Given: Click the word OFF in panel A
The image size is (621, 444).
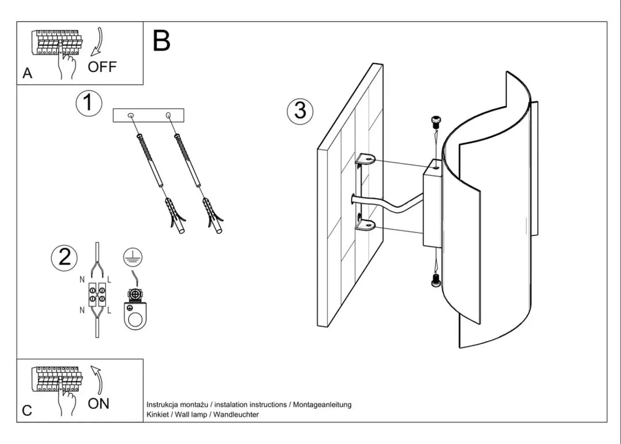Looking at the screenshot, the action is click(102, 67).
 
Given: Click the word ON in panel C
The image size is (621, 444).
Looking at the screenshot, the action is click(99, 404).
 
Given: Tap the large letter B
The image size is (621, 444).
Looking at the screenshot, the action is click(161, 40).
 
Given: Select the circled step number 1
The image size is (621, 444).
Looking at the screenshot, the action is click(89, 103).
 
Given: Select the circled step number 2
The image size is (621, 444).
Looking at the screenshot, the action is click(64, 258).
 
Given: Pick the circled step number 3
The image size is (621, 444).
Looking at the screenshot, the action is click(300, 110).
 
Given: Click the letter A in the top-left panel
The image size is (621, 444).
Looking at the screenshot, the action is click(27, 73).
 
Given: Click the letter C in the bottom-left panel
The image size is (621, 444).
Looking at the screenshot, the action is click(27, 411).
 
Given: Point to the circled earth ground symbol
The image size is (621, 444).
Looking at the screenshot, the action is click(133, 257).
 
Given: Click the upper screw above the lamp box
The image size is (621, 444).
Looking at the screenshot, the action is click(436, 121).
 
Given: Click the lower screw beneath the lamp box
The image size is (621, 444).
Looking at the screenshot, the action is click(436, 281).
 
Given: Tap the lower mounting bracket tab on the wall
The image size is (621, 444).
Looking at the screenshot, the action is click(365, 226).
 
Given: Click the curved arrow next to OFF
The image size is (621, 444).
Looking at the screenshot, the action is click(99, 41).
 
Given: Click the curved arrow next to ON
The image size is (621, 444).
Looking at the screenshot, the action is click(98, 380).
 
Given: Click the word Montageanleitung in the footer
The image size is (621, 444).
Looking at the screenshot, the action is click(322, 405).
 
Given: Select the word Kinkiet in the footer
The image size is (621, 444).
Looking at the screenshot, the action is click(157, 415).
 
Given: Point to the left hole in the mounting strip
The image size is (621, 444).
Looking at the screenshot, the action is click(131, 115).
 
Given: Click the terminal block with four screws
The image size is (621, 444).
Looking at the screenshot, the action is click(97, 295).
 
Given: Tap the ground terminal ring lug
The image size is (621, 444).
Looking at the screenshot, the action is click(135, 316).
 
